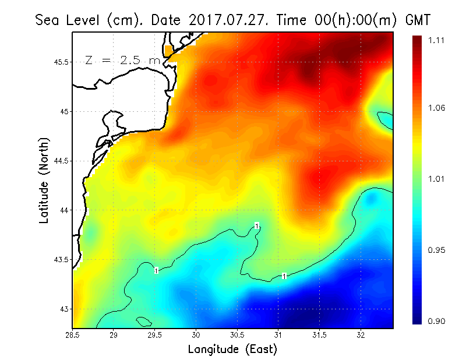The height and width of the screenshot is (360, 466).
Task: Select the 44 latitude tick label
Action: [x=63, y=210]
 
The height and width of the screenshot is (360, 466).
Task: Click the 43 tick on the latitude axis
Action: [x=63, y=309]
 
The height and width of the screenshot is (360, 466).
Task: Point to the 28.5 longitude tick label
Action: [x=73, y=335]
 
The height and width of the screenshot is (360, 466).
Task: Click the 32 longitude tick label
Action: [x=361, y=335]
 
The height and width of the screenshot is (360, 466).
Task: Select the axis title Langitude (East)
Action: [x=232, y=350]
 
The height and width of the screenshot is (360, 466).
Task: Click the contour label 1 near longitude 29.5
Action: [x=156, y=270]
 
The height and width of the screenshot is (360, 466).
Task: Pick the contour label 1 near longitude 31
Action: [x=284, y=276]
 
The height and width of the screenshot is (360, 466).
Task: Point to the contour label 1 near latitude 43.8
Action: [x=256, y=225]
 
